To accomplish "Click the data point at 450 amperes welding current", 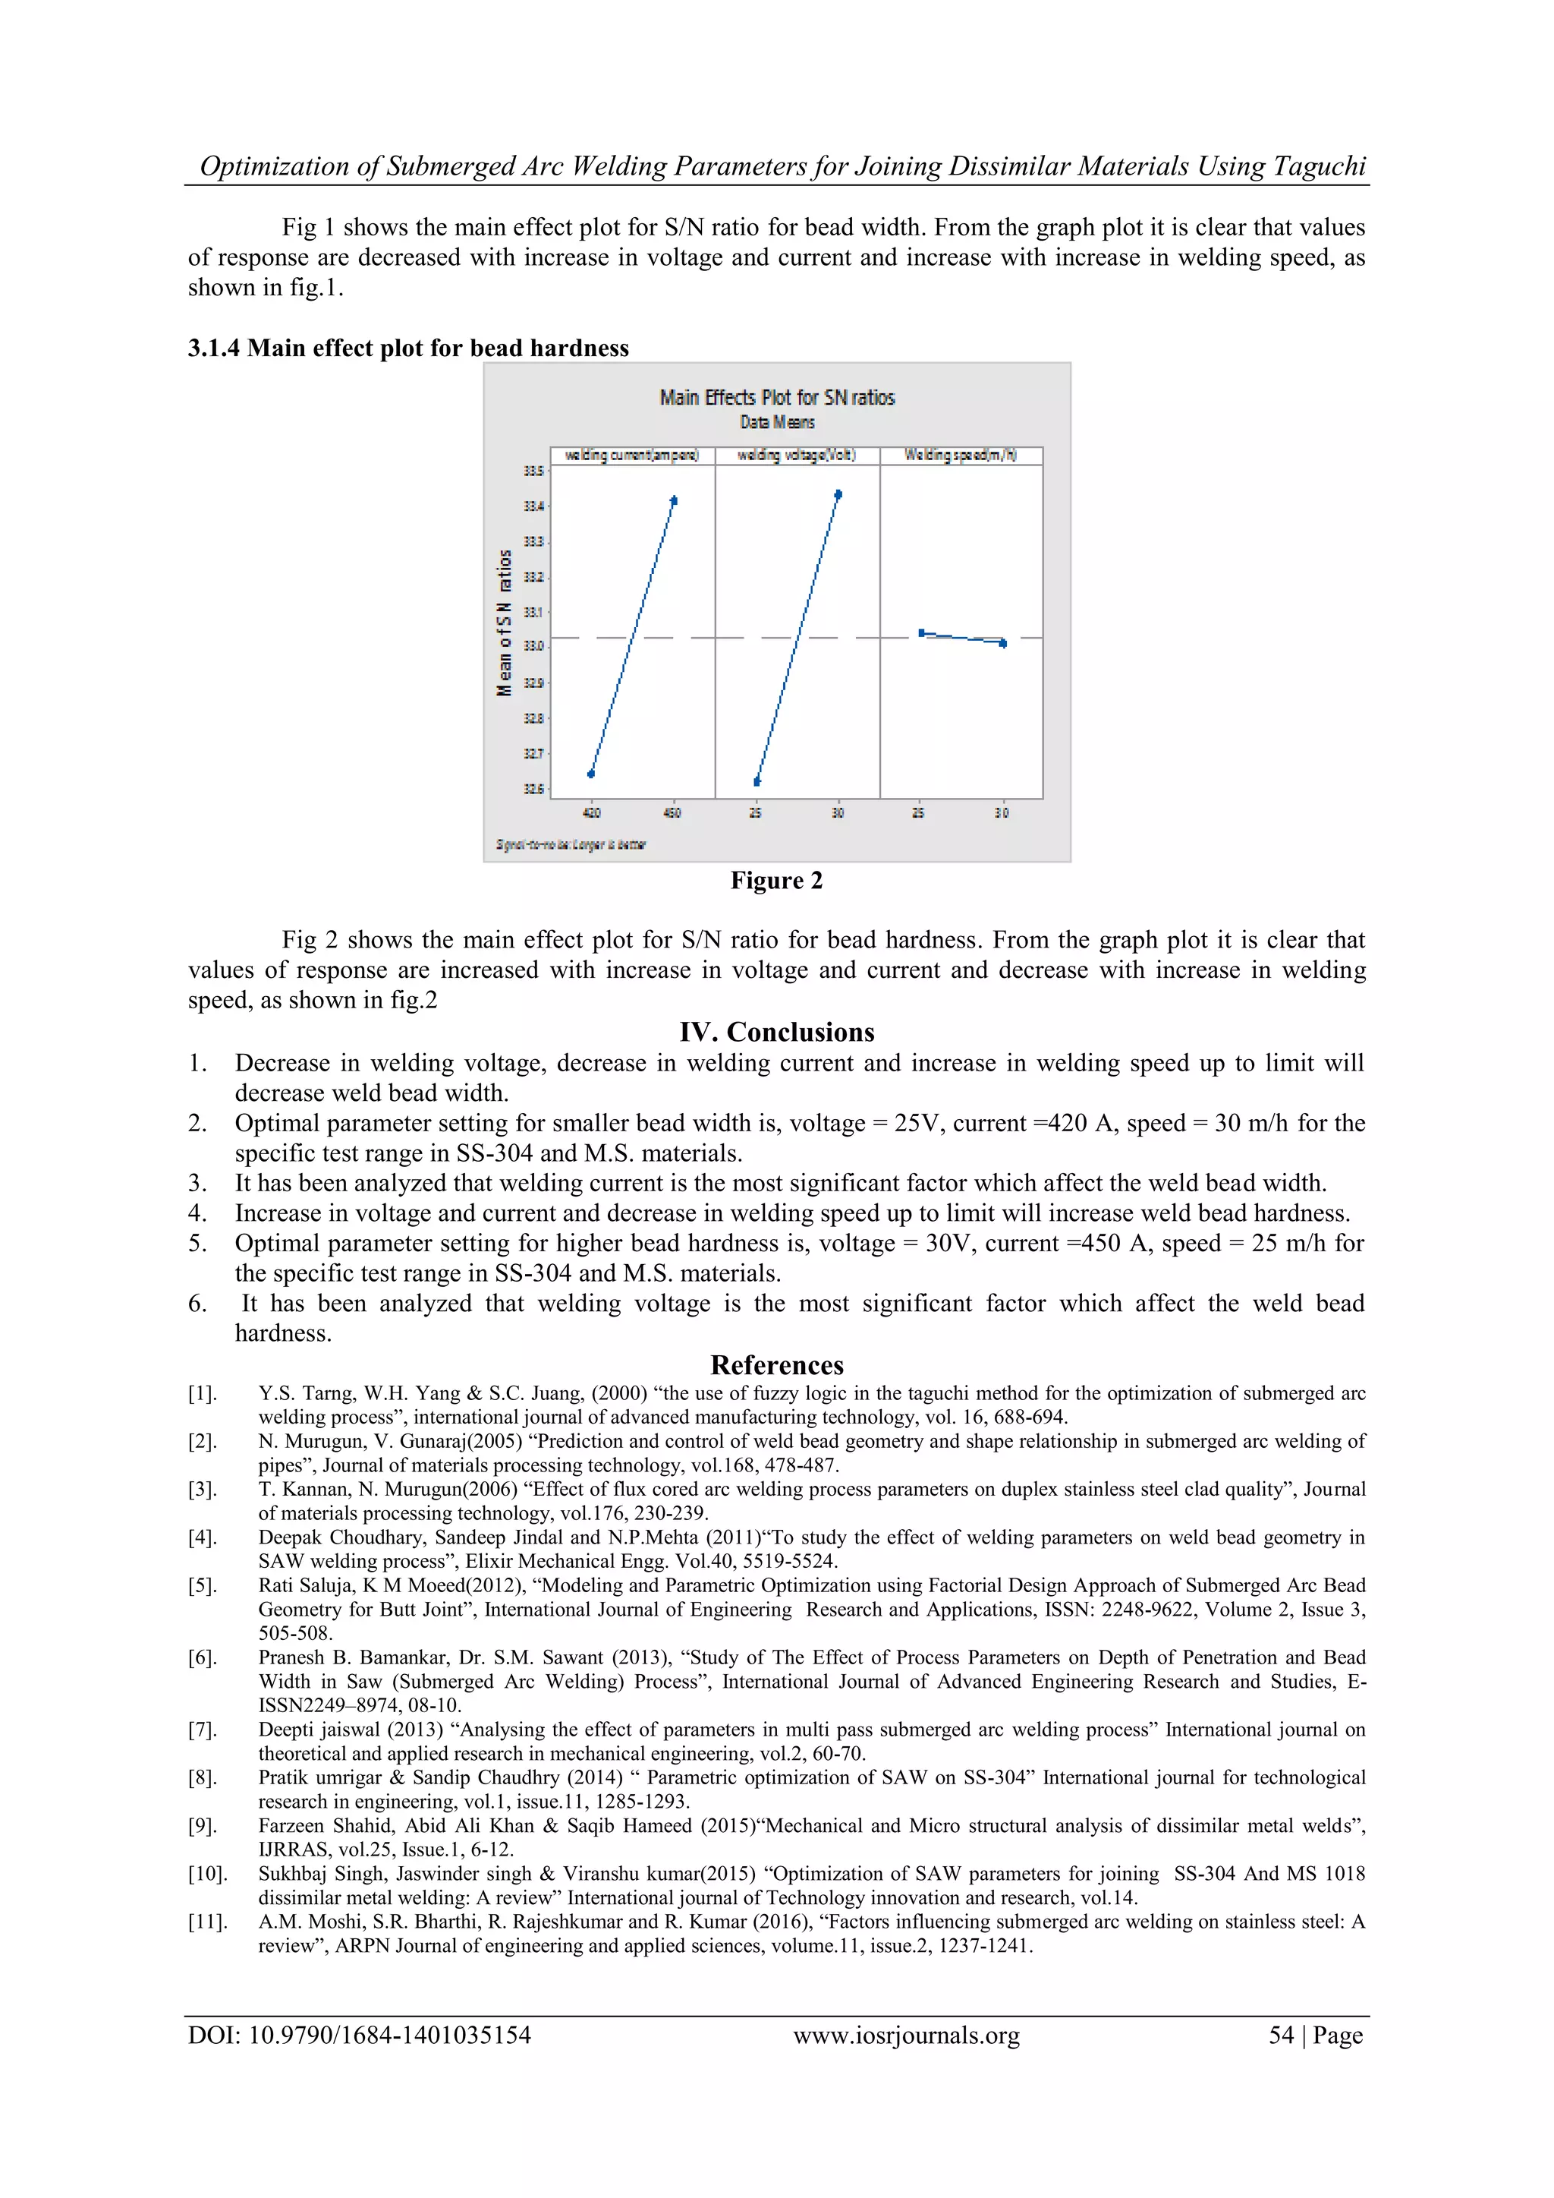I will pyautogui.click(x=674, y=500).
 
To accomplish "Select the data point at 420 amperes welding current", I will pyautogui.click(x=591, y=774).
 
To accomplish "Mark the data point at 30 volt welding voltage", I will pyautogui.click(x=838, y=495).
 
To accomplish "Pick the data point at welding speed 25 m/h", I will pyautogui.click(x=921, y=632).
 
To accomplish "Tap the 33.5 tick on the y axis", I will pyautogui.click(x=533, y=471).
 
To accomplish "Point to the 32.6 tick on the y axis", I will pyautogui.click(x=533, y=789).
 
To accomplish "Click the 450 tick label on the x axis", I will pyautogui.click(x=673, y=812).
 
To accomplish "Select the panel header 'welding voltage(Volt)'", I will pyautogui.click(x=796, y=456).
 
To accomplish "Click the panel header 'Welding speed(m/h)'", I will pyautogui.click(x=961, y=456).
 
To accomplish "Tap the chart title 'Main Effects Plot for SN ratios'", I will pyautogui.click(x=777, y=397).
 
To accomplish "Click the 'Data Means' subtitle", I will pyautogui.click(x=777, y=422).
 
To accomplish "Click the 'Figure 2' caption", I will pyautogui.click(x=776, y=881).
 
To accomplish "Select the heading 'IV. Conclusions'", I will pyautogui.click(x=776, y=1032).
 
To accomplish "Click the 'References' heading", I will pyautogui.click(x=776, y=1365).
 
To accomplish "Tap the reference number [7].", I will pyautogui.click(x=202, y=1730).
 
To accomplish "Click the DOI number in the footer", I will pyautogui.click(x=359, y=2036).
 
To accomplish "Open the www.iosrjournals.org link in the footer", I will pyautogui.click(x=906, y=2036).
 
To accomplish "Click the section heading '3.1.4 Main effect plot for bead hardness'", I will pyautogui.click(x=408, y=348).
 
